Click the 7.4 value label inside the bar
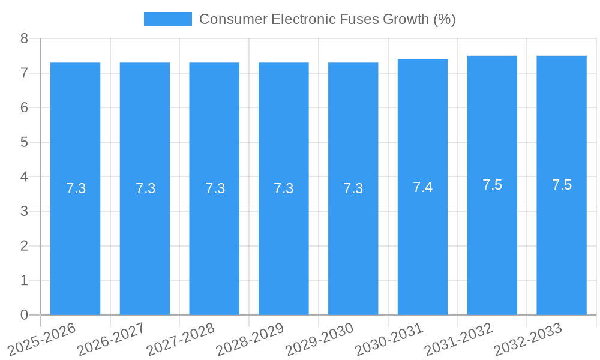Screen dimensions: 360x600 click(422, 187)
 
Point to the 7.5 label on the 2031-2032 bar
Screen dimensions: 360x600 click(492, 185)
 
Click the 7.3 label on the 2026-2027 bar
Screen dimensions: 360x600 click(145, 188)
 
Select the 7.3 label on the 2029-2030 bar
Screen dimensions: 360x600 click(353, 188)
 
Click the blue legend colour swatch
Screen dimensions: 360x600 click(167, 19)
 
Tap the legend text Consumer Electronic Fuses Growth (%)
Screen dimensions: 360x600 click(327, 19)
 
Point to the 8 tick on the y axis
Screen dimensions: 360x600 click(24, 38)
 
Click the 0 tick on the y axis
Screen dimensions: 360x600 click(24, 315)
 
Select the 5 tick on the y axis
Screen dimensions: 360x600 click(24, 142)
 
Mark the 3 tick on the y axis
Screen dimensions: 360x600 click(24, 211)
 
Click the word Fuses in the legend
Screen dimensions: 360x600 click(362, 19)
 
